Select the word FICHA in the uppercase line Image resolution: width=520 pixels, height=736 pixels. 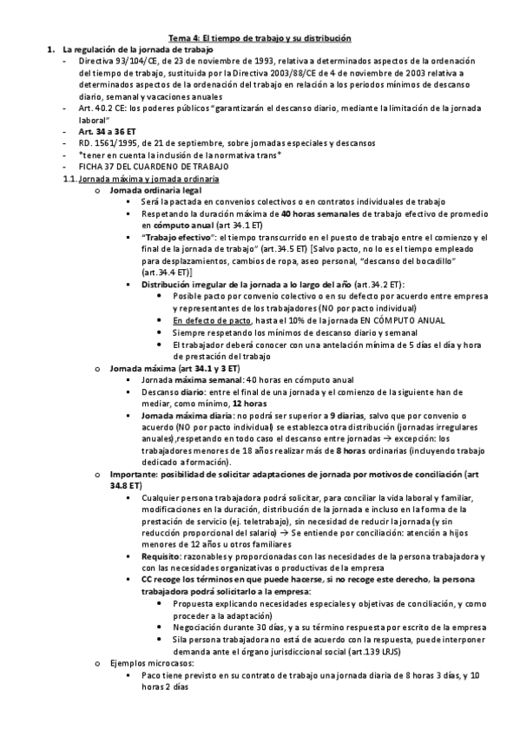(90, 166)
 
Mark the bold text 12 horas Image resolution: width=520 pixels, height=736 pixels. (250, 404)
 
